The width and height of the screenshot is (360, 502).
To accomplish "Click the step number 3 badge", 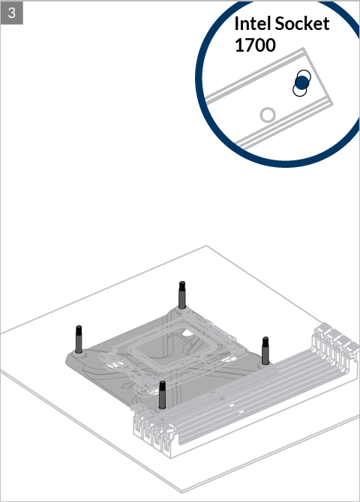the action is (12, 13).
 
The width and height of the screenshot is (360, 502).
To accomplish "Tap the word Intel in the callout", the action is (253, 24).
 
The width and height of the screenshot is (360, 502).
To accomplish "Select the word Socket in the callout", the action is (302, 24).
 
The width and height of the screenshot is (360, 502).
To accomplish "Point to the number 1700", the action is (255, 45).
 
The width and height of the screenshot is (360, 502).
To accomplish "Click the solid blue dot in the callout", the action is (301, 82).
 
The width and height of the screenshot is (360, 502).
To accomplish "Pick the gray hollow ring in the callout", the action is (268, 115).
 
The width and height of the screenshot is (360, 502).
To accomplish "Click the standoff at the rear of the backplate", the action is (181, 294).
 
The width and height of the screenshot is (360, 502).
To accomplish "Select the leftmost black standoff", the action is (79, 339).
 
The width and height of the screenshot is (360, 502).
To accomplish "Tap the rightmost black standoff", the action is (265, 351).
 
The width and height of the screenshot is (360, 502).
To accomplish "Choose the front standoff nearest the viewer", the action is (162, 395).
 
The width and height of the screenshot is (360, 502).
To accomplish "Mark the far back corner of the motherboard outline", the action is (206, 246).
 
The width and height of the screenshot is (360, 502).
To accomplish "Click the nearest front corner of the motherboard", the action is (182, 491).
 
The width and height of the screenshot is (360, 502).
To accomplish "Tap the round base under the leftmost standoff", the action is (79, 354).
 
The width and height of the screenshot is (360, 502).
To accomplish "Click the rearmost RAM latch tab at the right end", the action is (325, 327).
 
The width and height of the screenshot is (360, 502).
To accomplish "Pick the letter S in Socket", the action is (280, 24).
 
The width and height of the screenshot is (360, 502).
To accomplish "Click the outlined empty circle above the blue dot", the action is (304, 77).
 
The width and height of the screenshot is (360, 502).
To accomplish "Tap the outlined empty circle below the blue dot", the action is (300, 89).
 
